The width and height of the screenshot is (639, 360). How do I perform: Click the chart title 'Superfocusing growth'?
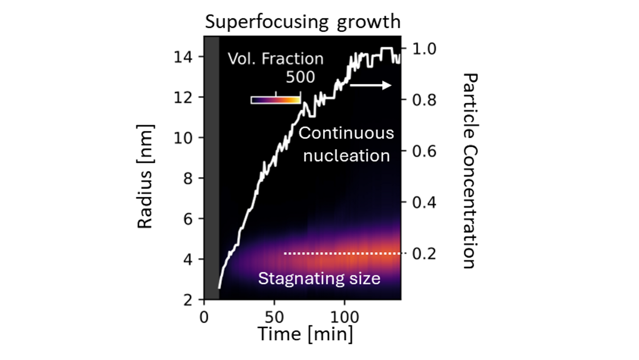point(302,22)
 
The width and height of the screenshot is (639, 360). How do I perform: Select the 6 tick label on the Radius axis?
point(190,219)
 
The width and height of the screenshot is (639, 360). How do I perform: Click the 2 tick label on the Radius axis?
point(190,300)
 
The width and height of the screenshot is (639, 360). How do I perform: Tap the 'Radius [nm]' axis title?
point(145,176)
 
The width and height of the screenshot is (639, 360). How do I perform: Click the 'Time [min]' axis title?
point(305,333)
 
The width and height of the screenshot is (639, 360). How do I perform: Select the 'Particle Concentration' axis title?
point(469,170)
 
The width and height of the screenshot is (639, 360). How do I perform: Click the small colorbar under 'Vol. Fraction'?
point(276,100)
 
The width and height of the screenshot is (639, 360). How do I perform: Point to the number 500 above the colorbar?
point(300,77)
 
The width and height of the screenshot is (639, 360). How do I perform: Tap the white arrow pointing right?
point(371,85)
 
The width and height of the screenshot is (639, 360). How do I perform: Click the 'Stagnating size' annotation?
point(319,279)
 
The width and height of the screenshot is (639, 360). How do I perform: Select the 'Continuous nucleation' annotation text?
point(346,144)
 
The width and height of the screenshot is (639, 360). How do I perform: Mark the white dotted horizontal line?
point(342,254)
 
